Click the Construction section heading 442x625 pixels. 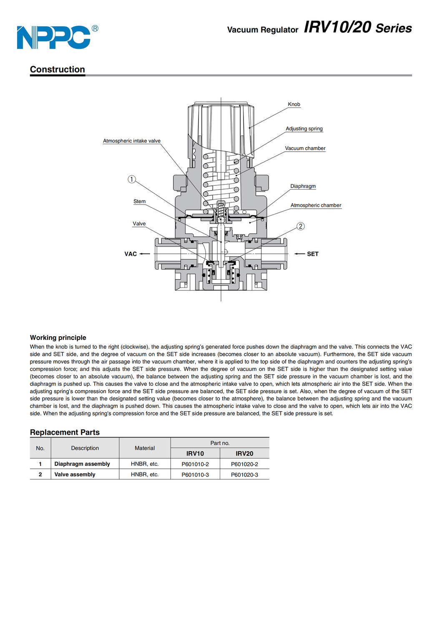pos(57,69)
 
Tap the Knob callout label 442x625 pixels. pos(294,104)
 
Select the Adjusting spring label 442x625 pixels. pos(304,129)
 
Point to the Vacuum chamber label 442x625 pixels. pos(305,148)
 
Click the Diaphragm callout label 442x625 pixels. pos(303,186)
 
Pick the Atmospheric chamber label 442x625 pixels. pos(316,205)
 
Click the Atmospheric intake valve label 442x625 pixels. pos(132,141)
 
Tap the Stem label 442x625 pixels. pos(139,201)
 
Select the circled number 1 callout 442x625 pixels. pos(132,179)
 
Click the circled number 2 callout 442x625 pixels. pos(301,226)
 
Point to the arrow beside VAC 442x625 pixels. pos(145,254)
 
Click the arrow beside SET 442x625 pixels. pos(299,254)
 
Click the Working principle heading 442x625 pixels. pos(58,337)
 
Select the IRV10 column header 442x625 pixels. pos(195,453)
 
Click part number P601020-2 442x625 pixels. pos(244,464)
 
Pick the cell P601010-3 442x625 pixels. pos(195,475)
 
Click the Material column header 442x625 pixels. pos(145,448)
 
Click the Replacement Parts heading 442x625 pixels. pos(65,432)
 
